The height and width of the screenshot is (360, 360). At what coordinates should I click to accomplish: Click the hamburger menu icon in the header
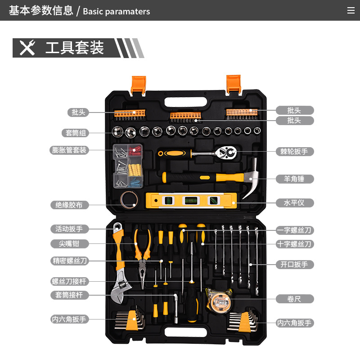pyautogui.click(x=351, y=11)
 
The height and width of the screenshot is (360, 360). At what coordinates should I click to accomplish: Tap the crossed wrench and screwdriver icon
pyautogui.click(x=27, y=48)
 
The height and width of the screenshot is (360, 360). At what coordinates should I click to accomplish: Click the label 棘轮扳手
pyautogui.click(x=294, y=151)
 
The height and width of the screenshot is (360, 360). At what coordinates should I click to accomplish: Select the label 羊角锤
pyautogui.click(x=294, y=179)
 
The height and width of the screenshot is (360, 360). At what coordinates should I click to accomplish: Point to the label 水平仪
pyautogui.click(x=294, y=202)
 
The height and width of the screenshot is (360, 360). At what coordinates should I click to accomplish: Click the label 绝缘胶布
pyautogui.click(x=69, y=205)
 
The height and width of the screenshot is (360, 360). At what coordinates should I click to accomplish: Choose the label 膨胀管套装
pyautogui.click(x=69, y=150)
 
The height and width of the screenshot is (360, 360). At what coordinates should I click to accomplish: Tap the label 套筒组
pyautogui.click(x=75, y=133)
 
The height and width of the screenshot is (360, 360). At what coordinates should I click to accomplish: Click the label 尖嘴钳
pyautogui.click(x=69, y=243)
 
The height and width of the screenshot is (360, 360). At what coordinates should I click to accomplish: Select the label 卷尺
pyautogui.click(x=294, y=298)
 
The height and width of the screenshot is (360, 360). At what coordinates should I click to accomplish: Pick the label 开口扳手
pyautogui.click(x=294, y=264)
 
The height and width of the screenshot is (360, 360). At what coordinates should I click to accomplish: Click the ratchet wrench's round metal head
pyautogui.click(x=226, y=153)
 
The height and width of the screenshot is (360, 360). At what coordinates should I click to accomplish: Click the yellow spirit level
pyautogui.click(x=191, y=201)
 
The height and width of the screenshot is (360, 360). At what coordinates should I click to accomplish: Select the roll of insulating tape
pyautogui.click(x=129, y=198)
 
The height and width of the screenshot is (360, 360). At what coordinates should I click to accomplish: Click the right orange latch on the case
pyautogui.click(x=234, y=84)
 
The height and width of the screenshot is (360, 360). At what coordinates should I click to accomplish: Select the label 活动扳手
pyautogui.click(x=69, y=229)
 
